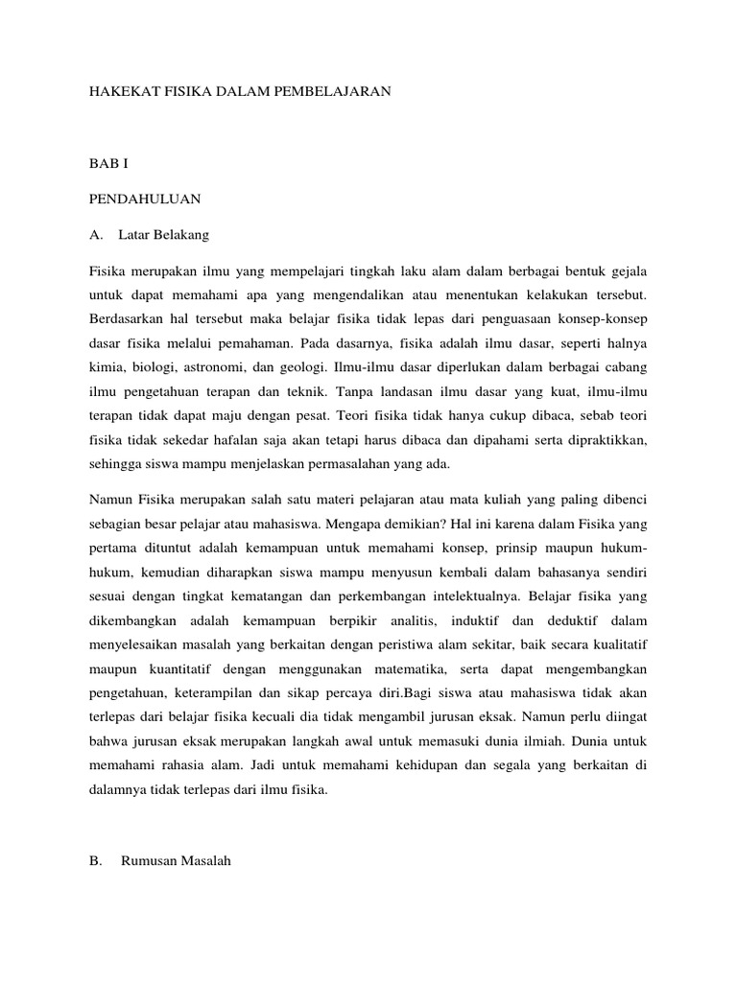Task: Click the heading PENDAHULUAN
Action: click(144, 199)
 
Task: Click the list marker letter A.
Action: click(94, 235)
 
